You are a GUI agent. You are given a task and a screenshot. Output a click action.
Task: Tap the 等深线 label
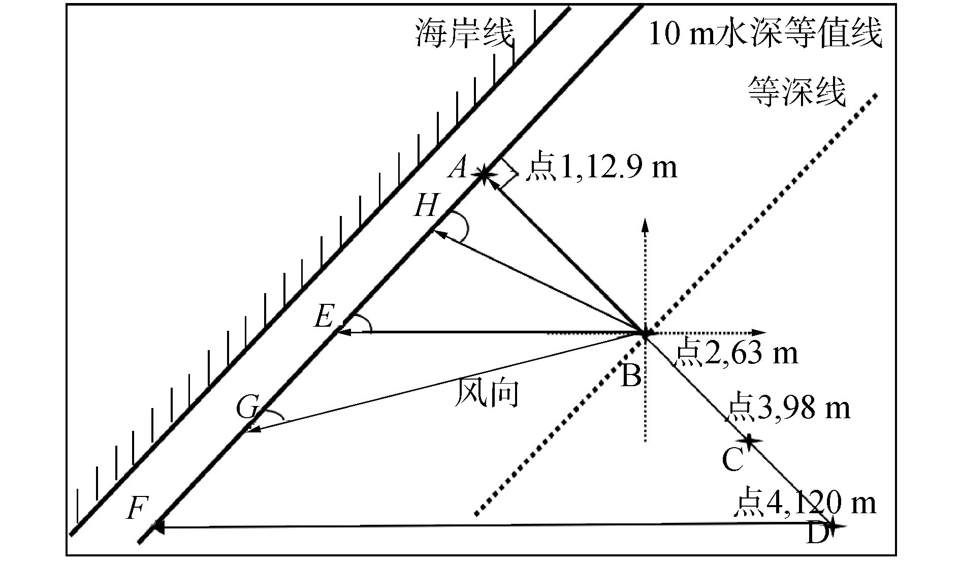[x=796, y=91]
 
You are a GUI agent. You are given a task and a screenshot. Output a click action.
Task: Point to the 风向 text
[x=487, y=393]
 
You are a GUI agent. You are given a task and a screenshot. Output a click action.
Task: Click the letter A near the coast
[x=458, y=168]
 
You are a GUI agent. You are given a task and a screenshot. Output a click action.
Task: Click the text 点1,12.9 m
[x=601, y=168]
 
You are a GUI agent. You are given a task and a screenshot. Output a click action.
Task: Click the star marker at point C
[x=749, y=441]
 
